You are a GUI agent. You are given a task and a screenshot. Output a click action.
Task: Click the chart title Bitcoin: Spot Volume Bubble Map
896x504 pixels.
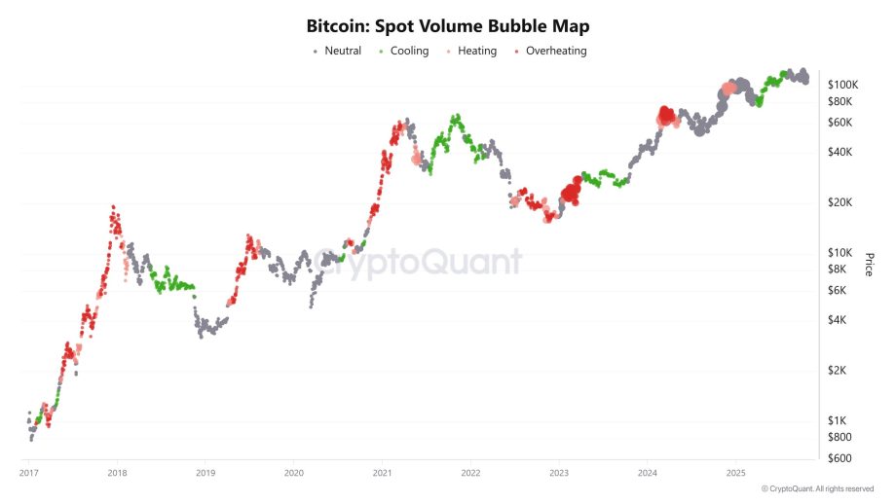448,25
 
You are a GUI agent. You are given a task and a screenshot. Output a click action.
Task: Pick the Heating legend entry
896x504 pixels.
477,51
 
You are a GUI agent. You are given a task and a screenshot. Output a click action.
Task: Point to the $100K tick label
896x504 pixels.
842,86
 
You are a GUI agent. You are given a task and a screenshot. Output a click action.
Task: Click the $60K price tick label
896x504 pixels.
840,123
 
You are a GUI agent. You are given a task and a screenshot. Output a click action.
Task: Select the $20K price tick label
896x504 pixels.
840,202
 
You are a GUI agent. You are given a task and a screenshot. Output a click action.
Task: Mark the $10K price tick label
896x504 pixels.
840,253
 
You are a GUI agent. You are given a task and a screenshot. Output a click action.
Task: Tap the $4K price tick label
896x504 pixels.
838,320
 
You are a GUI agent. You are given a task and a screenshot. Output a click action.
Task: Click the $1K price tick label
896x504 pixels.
838,420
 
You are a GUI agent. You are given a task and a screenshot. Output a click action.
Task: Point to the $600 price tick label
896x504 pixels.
840,458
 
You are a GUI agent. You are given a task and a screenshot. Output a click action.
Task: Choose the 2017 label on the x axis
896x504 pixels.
29,473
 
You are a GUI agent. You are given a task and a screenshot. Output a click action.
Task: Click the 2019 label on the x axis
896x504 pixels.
205,473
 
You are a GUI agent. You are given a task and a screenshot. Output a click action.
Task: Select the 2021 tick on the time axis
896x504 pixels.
383,473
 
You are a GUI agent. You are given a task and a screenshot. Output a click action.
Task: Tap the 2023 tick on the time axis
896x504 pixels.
559,473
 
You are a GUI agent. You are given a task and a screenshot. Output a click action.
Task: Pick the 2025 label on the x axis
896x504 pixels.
736,473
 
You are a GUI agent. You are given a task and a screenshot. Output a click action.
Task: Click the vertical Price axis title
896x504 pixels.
869,264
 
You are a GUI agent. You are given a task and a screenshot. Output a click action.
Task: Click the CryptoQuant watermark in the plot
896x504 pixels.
419,262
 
